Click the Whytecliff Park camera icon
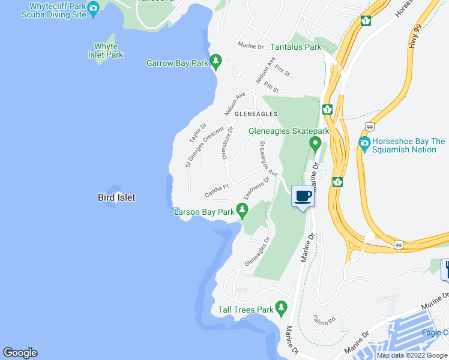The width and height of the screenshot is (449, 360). click(92, 8)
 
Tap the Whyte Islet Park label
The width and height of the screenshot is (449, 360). click(109, 50)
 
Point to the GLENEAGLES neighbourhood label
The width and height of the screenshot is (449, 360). click(256, 113)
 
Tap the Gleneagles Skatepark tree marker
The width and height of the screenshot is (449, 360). click(315, 143)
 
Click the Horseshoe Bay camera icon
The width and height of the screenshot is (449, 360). click(364, 144)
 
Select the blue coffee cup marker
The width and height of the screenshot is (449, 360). click(303, 196)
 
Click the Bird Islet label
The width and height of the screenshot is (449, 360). click(116, 197)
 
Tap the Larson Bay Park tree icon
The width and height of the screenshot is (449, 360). click(242, 210)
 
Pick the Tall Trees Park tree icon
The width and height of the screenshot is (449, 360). click(281, 308)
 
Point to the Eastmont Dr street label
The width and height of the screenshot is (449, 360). click(255, 188)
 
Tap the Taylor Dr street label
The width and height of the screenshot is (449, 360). click(197, 133)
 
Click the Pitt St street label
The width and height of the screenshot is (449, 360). click(272, 88)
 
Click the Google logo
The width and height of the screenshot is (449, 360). click(20, 353)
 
